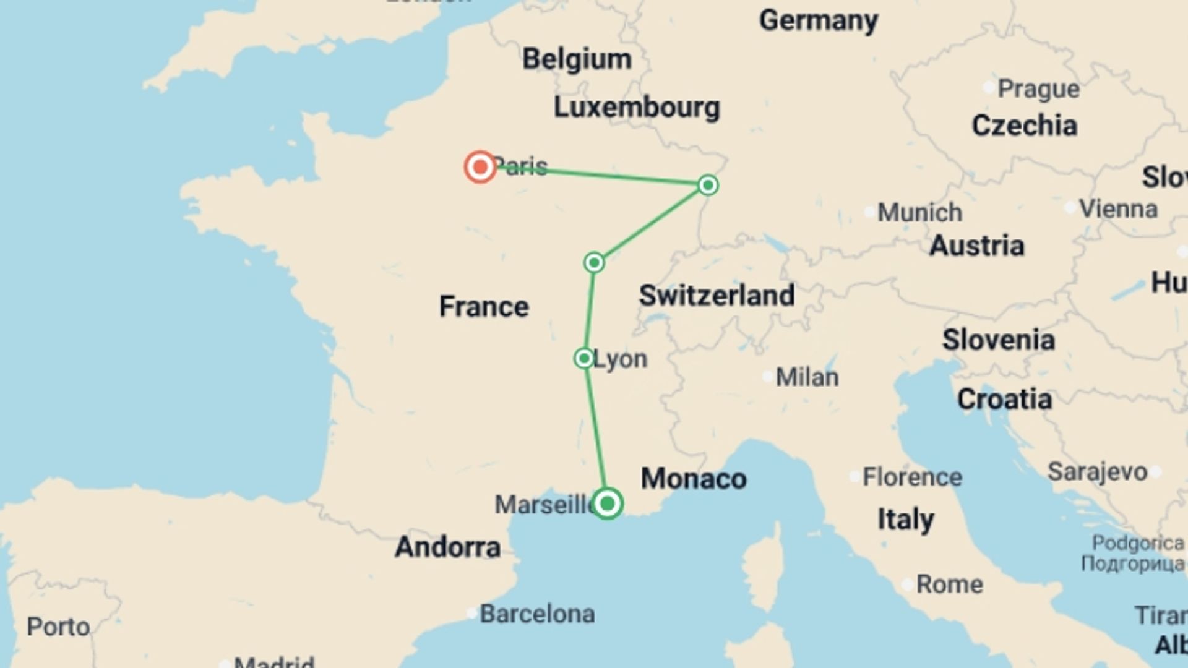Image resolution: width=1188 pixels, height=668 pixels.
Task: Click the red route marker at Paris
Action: click(480, 166)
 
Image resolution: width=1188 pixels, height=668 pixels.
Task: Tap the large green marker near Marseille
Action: click(607, 503)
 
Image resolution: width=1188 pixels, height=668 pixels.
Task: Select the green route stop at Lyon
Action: click(584, 358)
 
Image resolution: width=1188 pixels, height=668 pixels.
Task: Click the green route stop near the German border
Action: click(708, 185)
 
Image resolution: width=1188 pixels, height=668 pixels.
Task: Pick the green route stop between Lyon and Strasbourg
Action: click(594, 263)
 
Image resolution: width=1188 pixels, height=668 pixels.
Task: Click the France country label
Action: click(484, 307)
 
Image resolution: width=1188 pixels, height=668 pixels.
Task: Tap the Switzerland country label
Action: click(717, 295)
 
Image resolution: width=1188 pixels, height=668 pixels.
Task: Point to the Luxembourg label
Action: click(637, 107)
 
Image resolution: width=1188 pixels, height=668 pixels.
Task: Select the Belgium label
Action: click(577, 59)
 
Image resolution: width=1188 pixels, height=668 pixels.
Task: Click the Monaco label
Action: click(694, 479)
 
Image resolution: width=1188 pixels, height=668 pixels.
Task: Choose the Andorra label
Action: click(447, 547)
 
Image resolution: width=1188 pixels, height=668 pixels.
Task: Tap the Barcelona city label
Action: click(537, 614)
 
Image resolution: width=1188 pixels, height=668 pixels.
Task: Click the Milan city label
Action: click(807, 377)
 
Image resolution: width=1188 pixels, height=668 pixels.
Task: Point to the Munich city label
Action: click(919, 213)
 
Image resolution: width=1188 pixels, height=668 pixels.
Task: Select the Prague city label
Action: click(1038, 89)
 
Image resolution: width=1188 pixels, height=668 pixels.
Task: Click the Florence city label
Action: click(912, 477)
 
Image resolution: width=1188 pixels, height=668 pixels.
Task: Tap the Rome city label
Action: click(949, 584)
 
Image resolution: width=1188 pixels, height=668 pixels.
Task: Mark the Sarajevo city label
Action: click(1097, 472)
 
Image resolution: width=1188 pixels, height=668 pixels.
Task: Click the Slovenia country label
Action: click(998, 340)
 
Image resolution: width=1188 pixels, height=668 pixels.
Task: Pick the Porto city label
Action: click(58, 627)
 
